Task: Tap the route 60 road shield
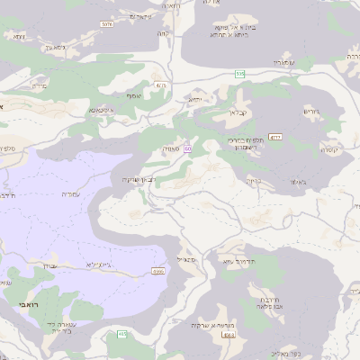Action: (x=187, y=148)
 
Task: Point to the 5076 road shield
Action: (x=107, y=24)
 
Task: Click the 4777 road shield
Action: (x=275, y=137)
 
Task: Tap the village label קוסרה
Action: (x=328, y=149)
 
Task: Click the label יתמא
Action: (x=195, y=98)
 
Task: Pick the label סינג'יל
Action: (x=187, y=259)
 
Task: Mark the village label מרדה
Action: (x=39, y=87)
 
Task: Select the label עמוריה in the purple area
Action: (x=70, y=193)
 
